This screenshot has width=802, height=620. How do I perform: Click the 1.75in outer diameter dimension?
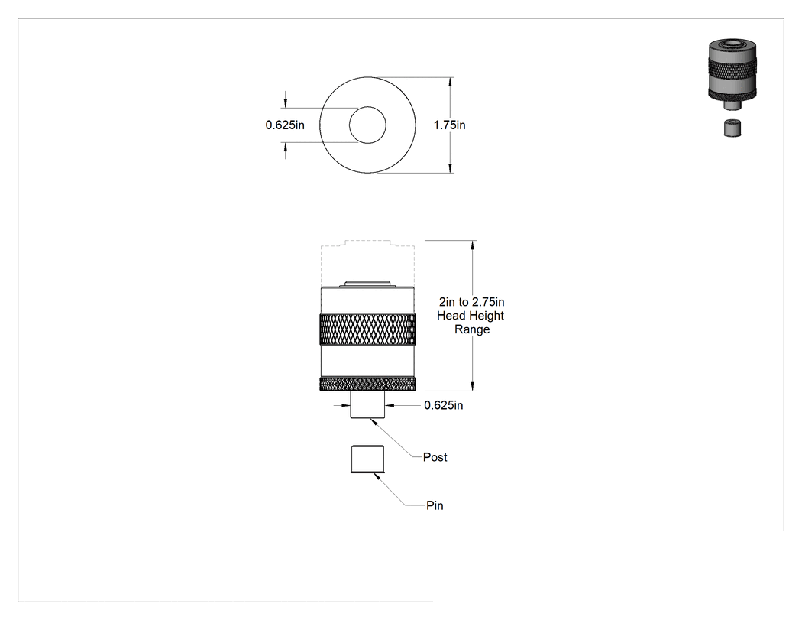(450, 125)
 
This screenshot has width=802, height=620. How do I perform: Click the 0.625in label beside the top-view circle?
(285, 125)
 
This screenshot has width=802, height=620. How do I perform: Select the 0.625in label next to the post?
(444, 405)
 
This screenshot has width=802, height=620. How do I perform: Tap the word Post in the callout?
(435, 457)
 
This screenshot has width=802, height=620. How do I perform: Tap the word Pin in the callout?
(435, 505)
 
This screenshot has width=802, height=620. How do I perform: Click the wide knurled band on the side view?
(367, 329)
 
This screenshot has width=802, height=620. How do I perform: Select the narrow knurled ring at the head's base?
(367, 384)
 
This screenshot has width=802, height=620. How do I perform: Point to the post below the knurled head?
(367, 405)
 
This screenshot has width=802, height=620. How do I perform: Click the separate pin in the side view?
(367, 459)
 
